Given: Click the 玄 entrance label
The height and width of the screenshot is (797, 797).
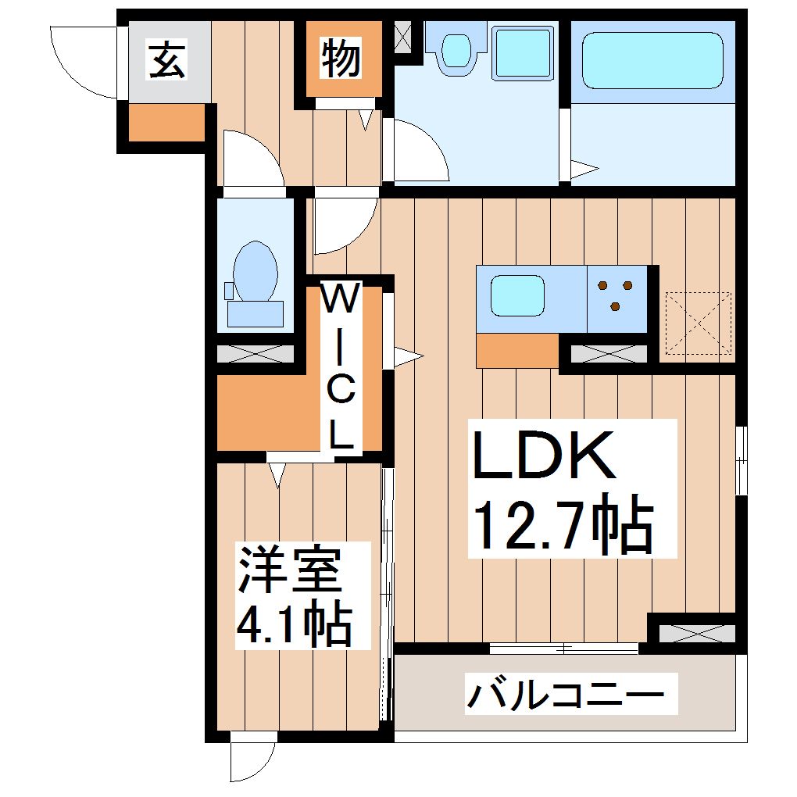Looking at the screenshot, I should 168,61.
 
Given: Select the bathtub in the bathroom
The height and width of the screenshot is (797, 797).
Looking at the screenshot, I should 652,60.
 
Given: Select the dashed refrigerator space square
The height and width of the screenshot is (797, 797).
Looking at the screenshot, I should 697,323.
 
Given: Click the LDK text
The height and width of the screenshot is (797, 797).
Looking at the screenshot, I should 542,457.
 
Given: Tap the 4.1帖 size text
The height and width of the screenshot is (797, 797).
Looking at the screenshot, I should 292,621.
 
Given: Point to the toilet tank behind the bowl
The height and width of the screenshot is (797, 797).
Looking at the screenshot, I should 255,313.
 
